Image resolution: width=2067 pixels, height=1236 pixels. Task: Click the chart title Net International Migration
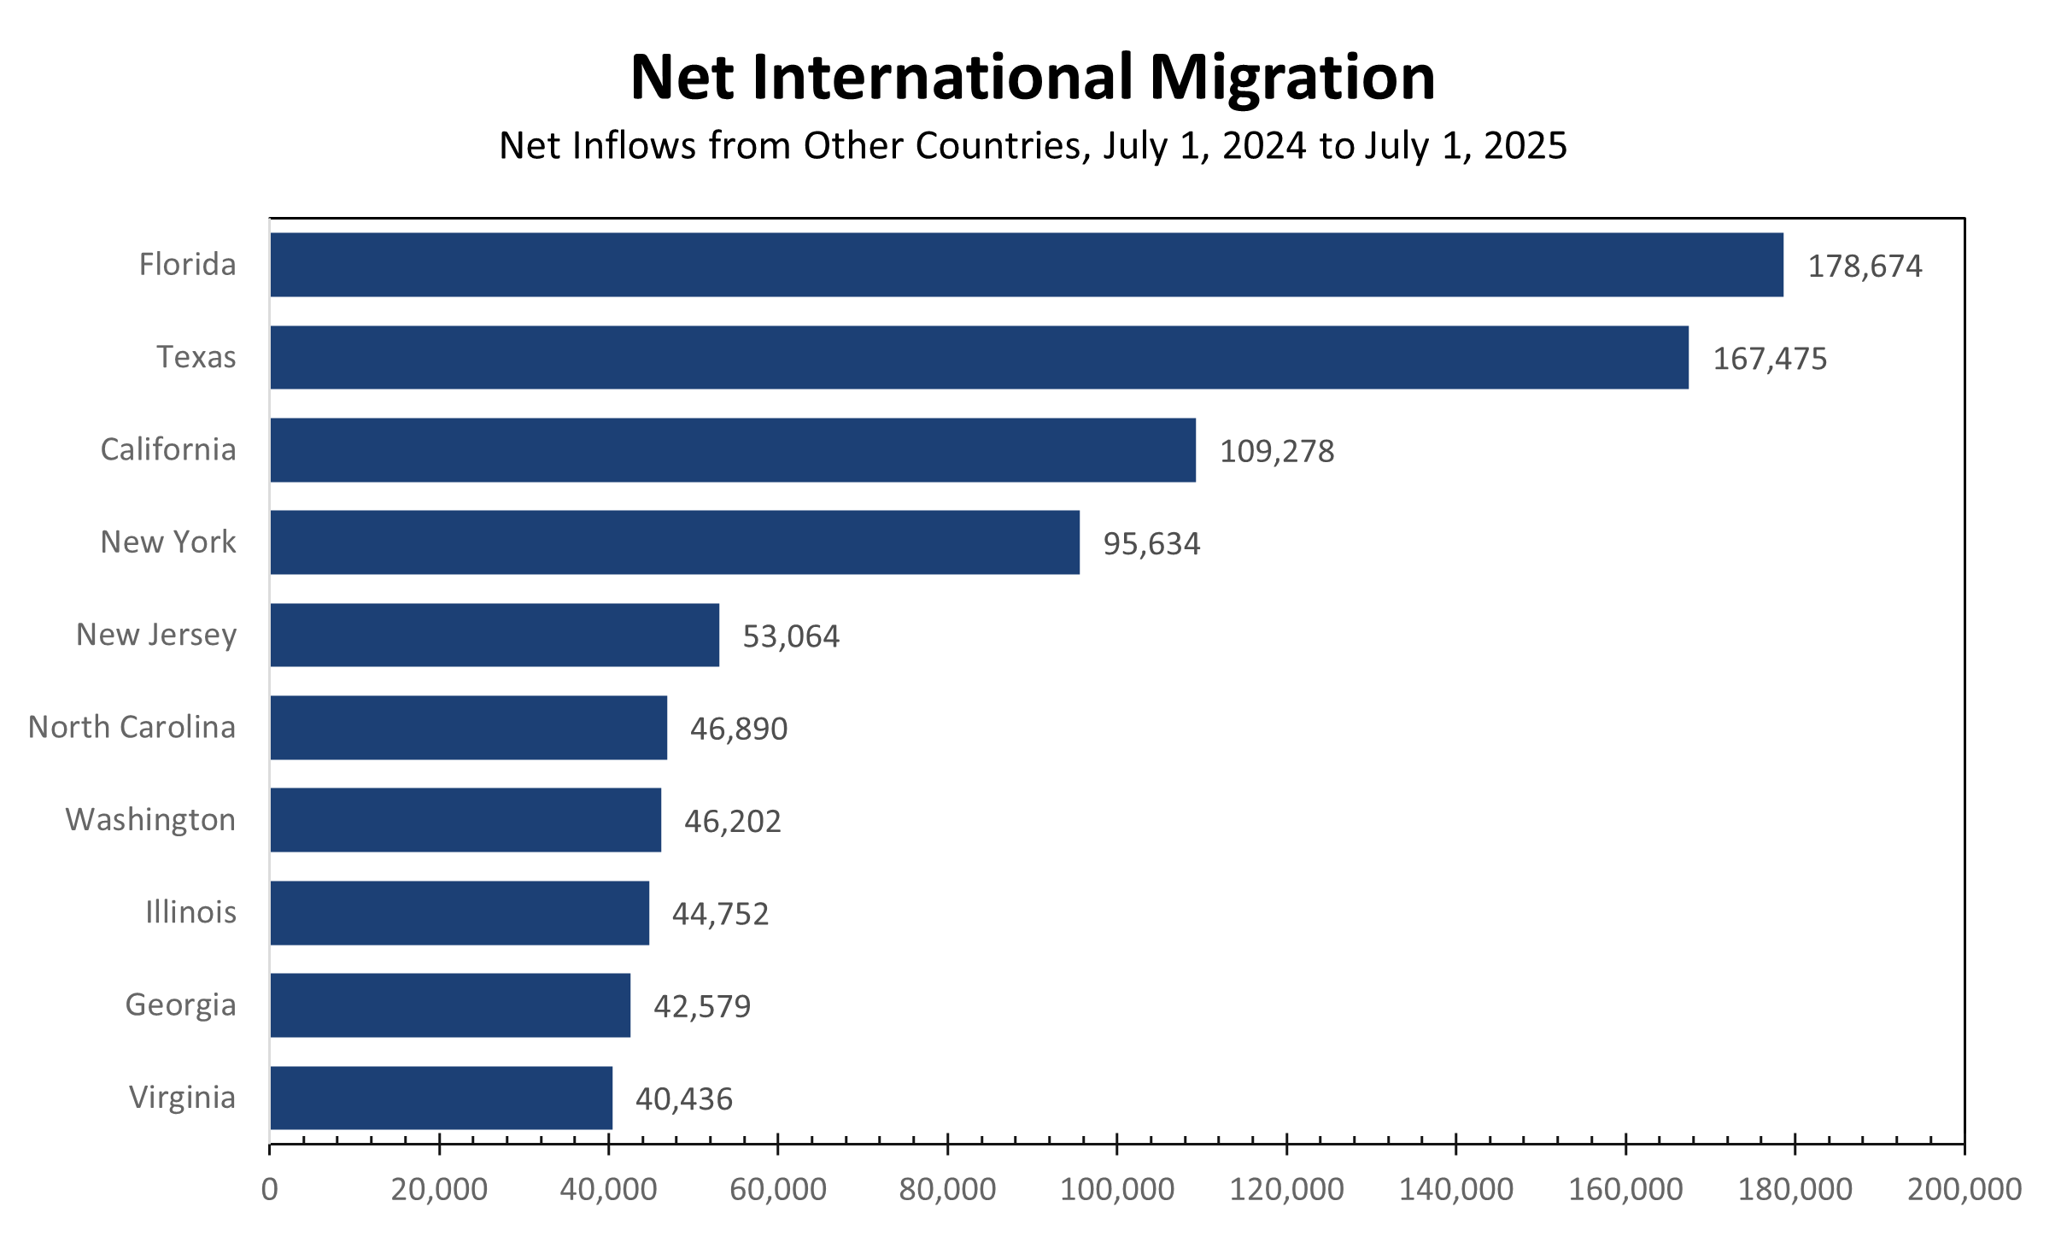[1033, 78]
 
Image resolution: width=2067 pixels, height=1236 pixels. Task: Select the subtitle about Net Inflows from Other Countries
[1033, 146]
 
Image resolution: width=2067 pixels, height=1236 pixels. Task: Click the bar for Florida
[1026, 265]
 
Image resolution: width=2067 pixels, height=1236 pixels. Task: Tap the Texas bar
[979, 357]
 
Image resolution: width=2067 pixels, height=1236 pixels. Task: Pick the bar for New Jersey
[495, 635]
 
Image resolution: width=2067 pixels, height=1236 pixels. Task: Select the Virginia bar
[441, 1098]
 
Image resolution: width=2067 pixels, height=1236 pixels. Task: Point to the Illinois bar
[460, 912]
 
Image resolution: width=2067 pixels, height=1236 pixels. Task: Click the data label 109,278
[1276, 451]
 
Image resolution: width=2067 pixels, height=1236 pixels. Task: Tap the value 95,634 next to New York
[1151, 544]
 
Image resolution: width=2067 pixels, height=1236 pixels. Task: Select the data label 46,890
[738, 729]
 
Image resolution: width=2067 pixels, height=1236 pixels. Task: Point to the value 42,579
[701, 1006]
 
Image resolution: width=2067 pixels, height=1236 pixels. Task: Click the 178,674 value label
[1865, 267]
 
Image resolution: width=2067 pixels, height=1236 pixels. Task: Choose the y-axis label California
[168, 449]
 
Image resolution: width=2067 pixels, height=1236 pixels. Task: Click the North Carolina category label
[132, 727]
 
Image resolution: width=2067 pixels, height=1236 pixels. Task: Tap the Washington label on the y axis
[150, 819]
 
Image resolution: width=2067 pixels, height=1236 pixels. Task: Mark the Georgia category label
[180, 1005]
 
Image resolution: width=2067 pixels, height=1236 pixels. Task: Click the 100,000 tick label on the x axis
[1116, 1189]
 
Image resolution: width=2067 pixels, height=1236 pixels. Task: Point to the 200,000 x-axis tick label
[1964, 1189]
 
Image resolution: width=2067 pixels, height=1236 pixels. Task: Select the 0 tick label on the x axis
[270, 1189]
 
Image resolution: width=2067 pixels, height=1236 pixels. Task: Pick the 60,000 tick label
[777, 1189]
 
